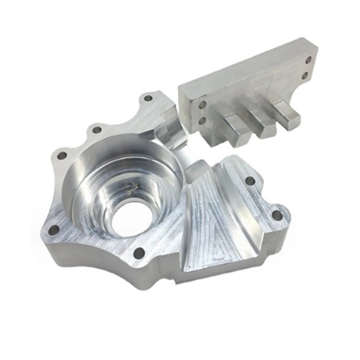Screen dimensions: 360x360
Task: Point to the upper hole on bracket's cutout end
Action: pos(309,60)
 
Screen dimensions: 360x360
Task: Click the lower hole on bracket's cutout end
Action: pos(306,75)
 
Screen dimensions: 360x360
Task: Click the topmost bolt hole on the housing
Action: pos(148,98)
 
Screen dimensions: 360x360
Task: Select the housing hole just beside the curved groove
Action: pos(250,181)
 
